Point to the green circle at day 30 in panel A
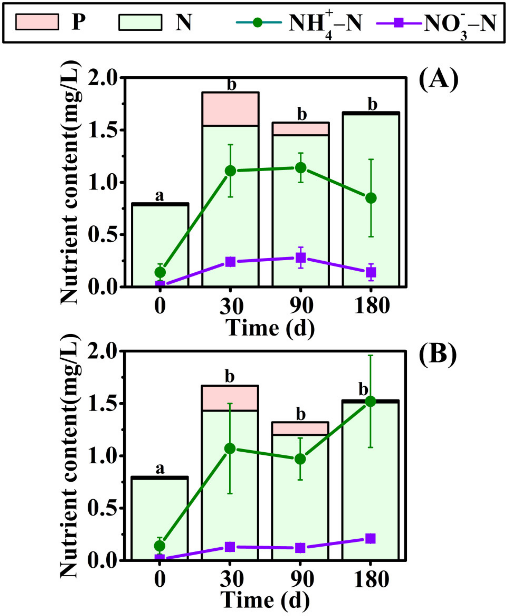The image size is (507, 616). point(230,171)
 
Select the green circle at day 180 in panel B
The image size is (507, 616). point(370,401)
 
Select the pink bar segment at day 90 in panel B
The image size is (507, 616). point(300,429)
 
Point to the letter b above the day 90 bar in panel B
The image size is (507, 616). point(301,415)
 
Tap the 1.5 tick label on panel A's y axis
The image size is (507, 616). point(101,130)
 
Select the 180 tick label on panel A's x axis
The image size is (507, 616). point(371,306)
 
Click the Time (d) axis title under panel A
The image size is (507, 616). point(270,327)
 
